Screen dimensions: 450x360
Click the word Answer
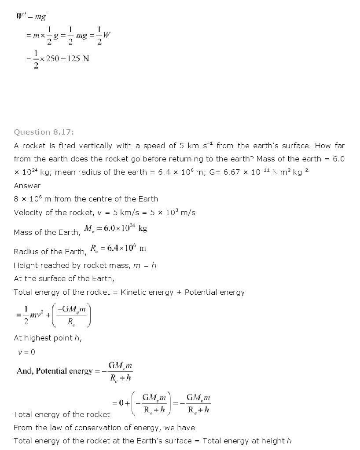pos(27,186)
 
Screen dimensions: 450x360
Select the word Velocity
pos(29,212)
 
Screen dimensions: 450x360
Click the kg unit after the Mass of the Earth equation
pos(143,228)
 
